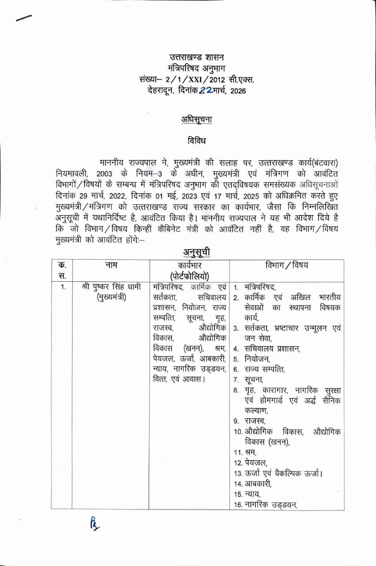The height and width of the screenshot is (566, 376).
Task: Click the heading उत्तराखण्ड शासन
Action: [x=196, y=57]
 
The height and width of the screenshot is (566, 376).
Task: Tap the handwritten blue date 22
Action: [x=205, y=91]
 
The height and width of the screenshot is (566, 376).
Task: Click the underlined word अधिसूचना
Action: [x=196, y=120]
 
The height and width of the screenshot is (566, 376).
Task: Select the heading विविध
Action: [x=196, y=141]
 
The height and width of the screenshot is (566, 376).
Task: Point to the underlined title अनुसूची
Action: [x=196, y=252]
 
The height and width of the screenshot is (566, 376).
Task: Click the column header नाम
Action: [x=111, y=265]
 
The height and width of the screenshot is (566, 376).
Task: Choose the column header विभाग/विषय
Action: [x=286, y=265]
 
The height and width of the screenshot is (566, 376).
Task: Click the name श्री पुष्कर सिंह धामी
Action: [x=111, y=287]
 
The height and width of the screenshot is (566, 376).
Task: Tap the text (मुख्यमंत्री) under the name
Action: [x=111, y=297]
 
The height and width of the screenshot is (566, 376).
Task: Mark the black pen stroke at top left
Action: [x=24, y=18]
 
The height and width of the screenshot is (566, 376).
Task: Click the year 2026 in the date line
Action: [x=238, y=91]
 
